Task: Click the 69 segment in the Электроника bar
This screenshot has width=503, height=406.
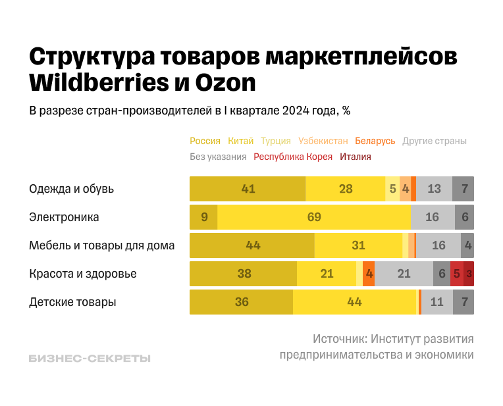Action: pyautogui.click(x=314, y=217)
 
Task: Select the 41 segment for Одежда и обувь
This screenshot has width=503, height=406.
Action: pyautogui.click(x=248, y=189)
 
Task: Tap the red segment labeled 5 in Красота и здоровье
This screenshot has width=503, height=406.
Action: pyautogui.click(x=456, y=274)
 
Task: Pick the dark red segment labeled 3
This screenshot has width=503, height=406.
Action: pyautogui.click(x=469, y=274)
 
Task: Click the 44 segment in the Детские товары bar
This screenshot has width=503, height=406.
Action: pyautogui.click(x=354, y=302)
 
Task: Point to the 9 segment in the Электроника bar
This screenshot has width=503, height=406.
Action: pyautogui.click(x=203, y=217)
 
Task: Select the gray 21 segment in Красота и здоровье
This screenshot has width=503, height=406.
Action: pyautogui.click(x=404, y=274)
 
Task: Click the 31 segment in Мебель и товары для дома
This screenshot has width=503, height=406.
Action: pyautogui.click(x=358, y=245)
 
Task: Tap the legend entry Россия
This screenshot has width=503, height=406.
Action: pyautogui.click(x=205, y=141)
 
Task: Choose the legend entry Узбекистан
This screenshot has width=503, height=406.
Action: pyautogui.click(x=323, y=141)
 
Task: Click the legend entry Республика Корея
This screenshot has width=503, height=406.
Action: pyautogui.click(x=293, y=157)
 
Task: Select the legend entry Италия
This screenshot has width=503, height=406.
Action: pyautogui.click(x=356, y=157)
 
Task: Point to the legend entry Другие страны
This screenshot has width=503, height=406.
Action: pyautogui.click(x=434, y=141)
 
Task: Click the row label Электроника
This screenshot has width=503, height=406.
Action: pyautogui.click(x=64, y=217)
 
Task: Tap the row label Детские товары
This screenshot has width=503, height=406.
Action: pyautogui.click(x=72, y=302)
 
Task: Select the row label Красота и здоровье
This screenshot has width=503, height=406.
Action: pyautogui.click(x=83, y=274)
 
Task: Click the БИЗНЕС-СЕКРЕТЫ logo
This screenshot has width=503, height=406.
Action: pyautogui.click(x=90, y=359)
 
